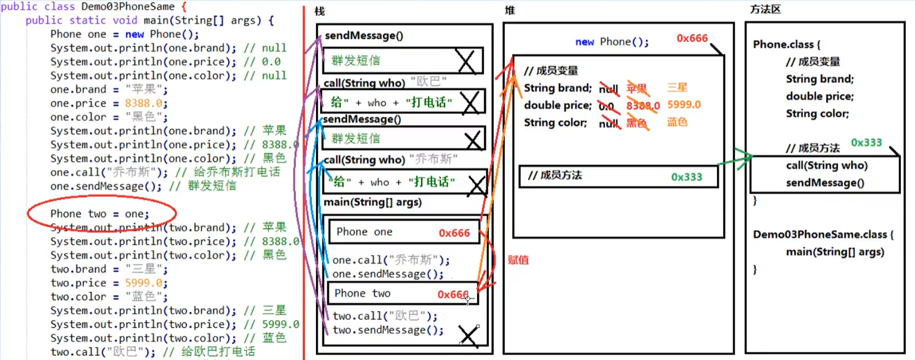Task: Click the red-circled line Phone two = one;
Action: (99, 214)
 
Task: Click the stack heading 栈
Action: (319, 11)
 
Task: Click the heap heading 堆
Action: (510, 11)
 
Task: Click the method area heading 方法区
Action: (765, 10)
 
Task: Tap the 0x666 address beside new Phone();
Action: (692, 38)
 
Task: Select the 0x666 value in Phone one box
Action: (454, 233)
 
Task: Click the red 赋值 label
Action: (518, 260)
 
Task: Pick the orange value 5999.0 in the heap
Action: (684, 105)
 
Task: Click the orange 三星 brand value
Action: (677, 88)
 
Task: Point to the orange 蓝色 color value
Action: (677, 122)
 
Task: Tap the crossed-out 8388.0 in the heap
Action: (643, 106)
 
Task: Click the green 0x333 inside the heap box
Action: (687, 177)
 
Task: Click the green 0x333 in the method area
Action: (866, 143)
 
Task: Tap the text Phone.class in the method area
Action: (783, 44)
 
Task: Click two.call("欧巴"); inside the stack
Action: (385, 316)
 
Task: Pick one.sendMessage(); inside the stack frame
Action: (387, 274)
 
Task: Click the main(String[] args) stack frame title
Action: (372, 202)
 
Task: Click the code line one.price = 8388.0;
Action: (108, 103)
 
